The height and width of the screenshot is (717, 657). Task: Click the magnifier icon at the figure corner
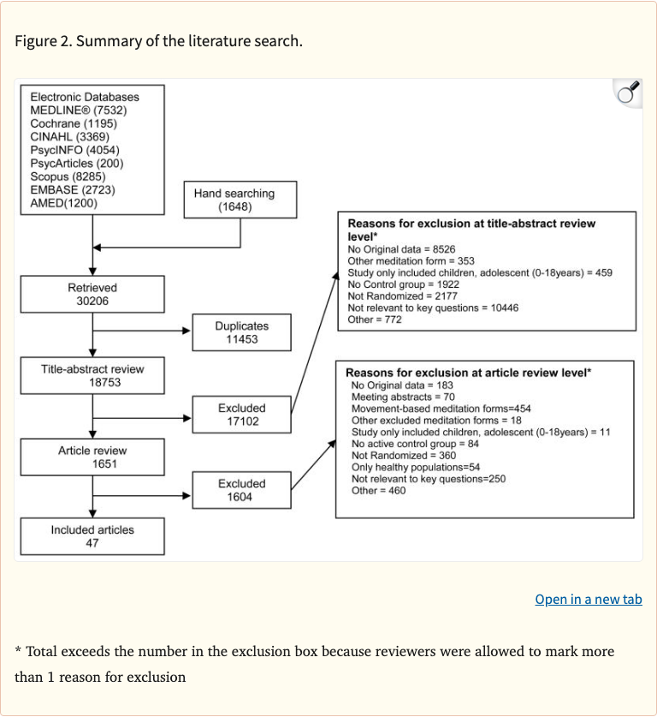[629, 92]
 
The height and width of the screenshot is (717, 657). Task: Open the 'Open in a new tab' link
[588, 599]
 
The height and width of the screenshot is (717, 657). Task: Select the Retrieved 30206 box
[92, 295]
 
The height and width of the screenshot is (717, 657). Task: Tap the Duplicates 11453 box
[241, 332]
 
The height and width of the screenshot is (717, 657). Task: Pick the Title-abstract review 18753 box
[92, 376]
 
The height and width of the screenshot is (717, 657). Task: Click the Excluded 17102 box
[241, 415]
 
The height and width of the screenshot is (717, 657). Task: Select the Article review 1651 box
[92, 457]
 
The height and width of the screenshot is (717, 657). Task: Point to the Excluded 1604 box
[241, 490]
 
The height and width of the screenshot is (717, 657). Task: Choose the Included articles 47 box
[92, 536]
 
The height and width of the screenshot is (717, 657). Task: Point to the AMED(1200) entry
[64, 203]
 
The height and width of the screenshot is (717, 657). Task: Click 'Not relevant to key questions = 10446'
[433, 308]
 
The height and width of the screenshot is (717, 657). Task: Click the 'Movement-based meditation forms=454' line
[441, 409]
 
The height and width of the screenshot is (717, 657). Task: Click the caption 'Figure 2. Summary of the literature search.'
[158, 41]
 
